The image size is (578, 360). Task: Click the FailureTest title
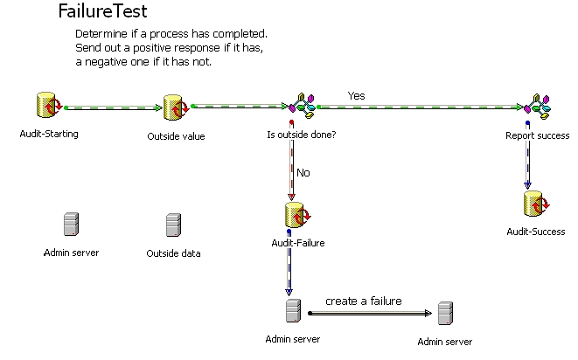102,12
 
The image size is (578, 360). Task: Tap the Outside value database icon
176,108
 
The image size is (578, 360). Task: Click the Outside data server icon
173,225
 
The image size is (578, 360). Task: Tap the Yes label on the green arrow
356,95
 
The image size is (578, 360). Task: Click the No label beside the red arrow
303,173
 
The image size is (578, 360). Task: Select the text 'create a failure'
364,301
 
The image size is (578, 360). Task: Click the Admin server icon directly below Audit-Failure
293,311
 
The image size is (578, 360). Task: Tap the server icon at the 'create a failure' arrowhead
445,313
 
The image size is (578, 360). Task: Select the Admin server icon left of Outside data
70,225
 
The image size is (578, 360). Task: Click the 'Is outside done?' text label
301,135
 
